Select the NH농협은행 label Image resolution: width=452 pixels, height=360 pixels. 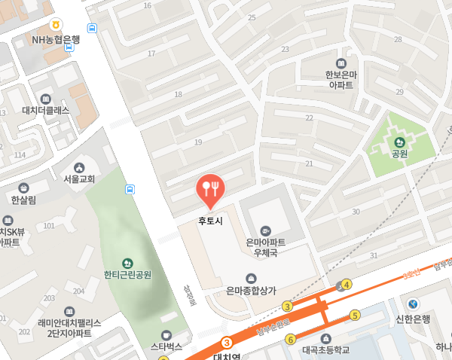pos(56,39)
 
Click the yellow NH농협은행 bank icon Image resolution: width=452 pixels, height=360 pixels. pos(56,25)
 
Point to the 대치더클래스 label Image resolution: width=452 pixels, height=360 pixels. pos(46,110)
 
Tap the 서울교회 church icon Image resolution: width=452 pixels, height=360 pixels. pos(78,167)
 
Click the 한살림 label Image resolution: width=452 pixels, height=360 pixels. pos(23,200)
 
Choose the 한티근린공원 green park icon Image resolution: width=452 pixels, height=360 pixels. pos(127,263)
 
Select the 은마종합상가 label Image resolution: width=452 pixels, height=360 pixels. pos(252,290)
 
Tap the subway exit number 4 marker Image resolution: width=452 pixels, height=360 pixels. pos(347,285)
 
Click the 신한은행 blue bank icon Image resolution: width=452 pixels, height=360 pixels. pos(412,304)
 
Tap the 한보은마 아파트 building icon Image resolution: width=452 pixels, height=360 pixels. pos(344,63)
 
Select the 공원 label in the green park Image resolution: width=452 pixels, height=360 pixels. pos(399,154)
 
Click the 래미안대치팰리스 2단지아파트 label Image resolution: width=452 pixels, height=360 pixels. pos(69,328)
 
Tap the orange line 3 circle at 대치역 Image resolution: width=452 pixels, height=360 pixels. pos(227,342)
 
